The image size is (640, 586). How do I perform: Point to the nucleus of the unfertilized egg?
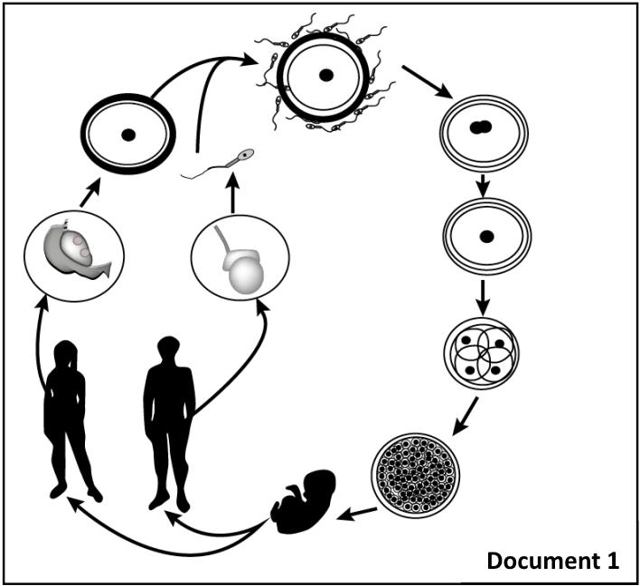coord(128,135)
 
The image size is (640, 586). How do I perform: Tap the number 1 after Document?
coord(612,561)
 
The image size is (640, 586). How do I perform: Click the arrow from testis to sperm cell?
coord(232,196)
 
